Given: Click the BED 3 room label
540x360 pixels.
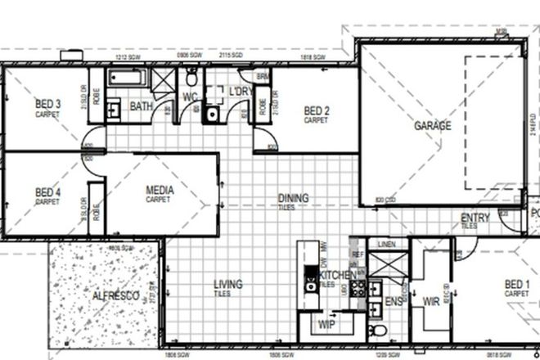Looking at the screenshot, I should [47, 104].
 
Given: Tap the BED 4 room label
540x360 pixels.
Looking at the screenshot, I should [47, 193].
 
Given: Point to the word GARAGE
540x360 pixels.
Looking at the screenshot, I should [433, 126].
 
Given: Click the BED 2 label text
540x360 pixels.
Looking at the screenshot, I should [316, 111].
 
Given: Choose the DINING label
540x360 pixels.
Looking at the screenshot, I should [293, 198].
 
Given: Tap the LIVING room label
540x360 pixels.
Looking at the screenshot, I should [227, 285].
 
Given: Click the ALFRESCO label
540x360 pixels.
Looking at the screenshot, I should [115, 295].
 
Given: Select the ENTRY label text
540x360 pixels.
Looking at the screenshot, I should [475, 218].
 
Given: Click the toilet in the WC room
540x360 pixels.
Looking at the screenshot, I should [191, 79].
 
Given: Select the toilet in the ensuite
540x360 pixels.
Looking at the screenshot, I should [377, 331].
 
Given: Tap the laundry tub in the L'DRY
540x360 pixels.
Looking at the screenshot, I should [212, 115].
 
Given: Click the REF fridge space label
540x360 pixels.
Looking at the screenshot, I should [356, 254].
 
